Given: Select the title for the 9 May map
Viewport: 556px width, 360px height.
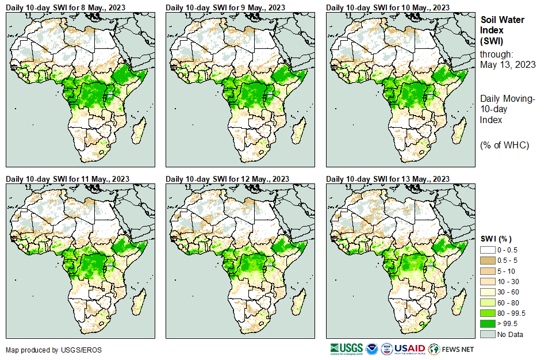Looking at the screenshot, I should pos(225,7).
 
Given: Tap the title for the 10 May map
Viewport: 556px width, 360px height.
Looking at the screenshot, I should pos(388,7).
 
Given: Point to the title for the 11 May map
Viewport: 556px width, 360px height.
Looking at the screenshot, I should pos(67,178).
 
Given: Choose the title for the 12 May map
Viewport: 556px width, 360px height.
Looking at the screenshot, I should pos(227,178).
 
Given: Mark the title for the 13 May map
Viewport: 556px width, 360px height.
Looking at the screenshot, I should pos(388,178).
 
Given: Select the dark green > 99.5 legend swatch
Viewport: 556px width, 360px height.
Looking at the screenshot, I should pos(488,323).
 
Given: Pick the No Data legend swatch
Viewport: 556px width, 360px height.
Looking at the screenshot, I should pos(488,334).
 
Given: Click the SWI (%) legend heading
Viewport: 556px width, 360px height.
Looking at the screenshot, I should pos(496,239).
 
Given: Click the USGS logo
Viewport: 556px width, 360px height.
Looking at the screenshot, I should pos(347,349).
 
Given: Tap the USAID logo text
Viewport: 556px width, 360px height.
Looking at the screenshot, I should pos(409,349).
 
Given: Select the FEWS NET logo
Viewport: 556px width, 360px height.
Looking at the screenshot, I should pos(451,349).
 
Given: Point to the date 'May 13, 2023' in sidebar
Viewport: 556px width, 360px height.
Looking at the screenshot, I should pos(508,64).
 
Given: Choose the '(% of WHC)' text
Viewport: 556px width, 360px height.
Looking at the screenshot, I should pos(504,145).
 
